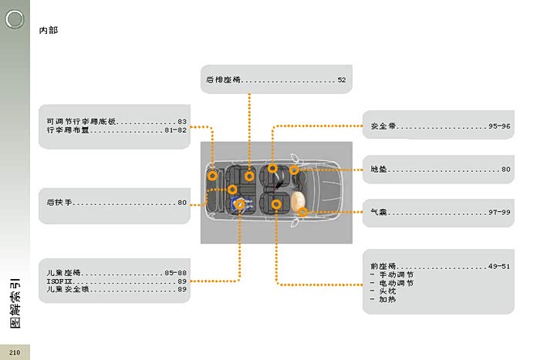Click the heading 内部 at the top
tap(48, 31)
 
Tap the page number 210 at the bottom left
tap(15, 352)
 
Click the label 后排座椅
tap(224, 80)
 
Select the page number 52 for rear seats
tap(341, 80)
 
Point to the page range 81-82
tap(176, 130)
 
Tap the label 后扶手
tap(59, 203)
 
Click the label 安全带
tap(383, 126)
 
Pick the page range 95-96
tap(498, 126)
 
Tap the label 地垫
tap(379, 170)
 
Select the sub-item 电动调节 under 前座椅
tap(397, 283)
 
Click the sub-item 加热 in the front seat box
tap(387, 300)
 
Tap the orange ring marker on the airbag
tap(302, 212)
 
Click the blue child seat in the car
tap(237, 204)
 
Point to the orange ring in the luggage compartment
tap(212, 176)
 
